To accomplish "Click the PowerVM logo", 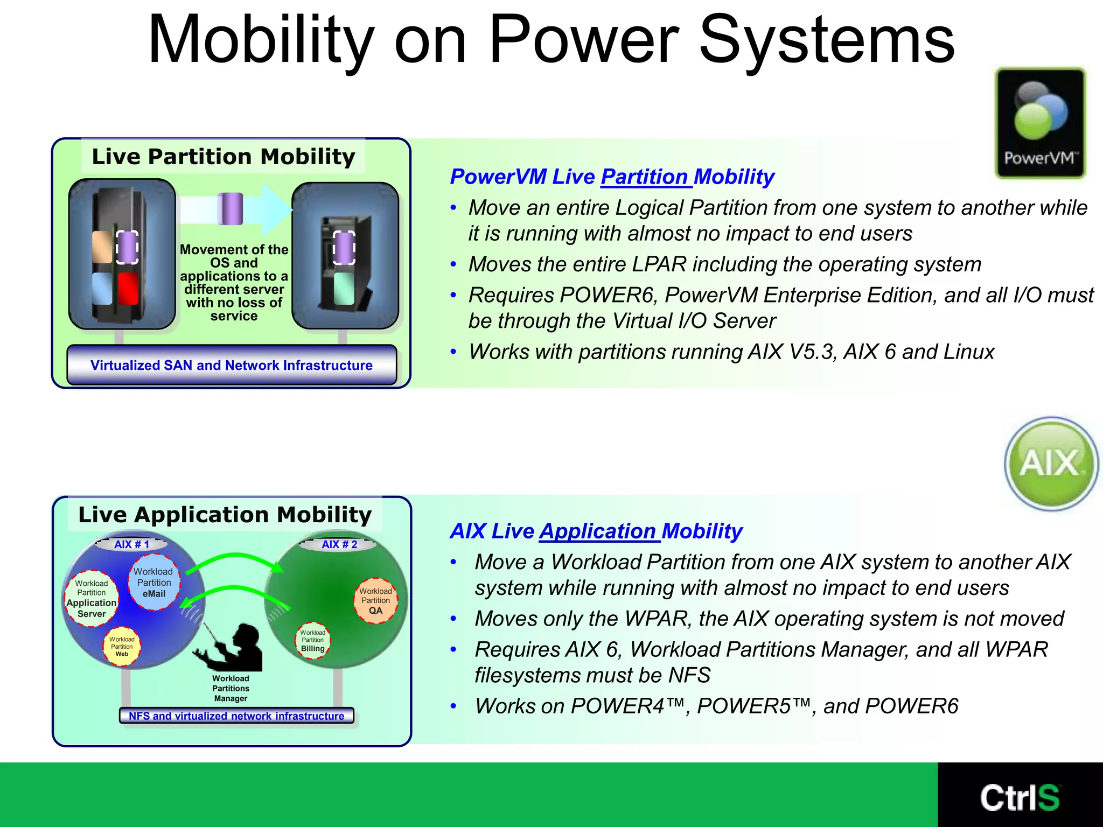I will tap(1039, 123).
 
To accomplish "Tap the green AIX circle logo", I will tap(1051, 463).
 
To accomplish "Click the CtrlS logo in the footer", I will tap(1020, 797).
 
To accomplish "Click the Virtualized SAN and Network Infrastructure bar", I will tap(232, 365).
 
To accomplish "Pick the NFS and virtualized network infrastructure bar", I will tap(236, 716).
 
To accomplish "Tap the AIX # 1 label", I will tap(131, 544).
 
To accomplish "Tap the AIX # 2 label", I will tap(339, 544).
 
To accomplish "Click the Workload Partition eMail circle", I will tap(154, 583).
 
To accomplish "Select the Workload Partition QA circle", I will tap(375, 601).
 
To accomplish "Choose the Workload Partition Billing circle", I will tap(312, 640).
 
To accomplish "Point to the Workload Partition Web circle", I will tap(122, 646).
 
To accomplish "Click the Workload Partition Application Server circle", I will tap(92, 599).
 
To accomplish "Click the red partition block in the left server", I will tap(128, 289).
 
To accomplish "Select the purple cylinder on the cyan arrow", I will tap(231, 209).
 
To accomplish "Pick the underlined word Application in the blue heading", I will tap(598, 531).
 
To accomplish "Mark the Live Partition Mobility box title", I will tap(223, 157).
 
